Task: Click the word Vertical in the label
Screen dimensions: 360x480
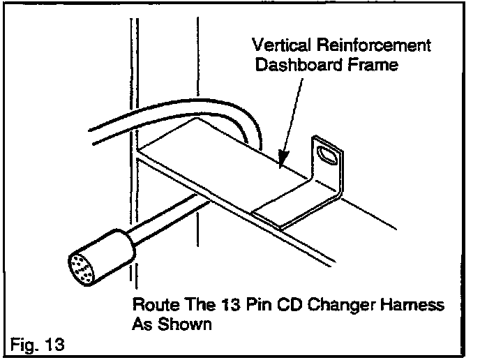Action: [276, 46]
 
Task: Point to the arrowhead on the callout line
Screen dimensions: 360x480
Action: [280, 159]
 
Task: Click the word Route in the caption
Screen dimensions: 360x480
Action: [151, 307]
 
